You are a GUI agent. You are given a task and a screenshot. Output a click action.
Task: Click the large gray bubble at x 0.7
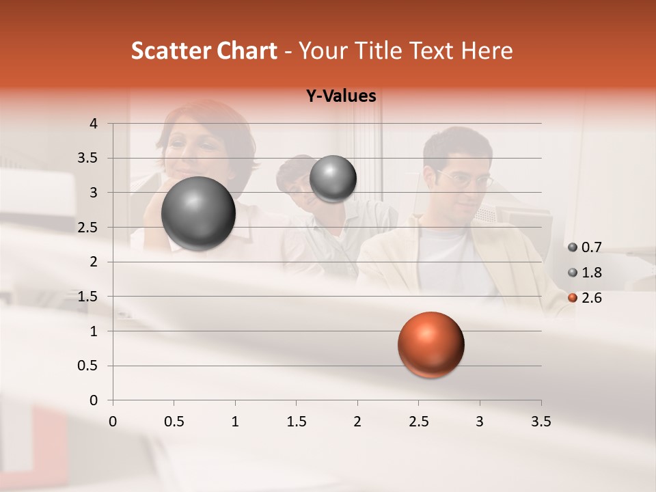199,214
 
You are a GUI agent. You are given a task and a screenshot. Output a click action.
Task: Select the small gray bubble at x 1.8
333,178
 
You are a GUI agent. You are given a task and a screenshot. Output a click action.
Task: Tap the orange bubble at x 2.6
430,344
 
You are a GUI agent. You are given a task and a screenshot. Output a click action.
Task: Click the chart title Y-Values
341,96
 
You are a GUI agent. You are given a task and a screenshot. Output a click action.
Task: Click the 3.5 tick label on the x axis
541,422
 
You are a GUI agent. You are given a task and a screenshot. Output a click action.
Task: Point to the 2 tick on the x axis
357,422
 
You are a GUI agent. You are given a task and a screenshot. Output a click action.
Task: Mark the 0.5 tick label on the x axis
174,422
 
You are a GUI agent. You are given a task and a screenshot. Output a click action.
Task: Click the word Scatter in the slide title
171,51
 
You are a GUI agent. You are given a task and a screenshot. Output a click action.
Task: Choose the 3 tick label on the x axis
480,422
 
